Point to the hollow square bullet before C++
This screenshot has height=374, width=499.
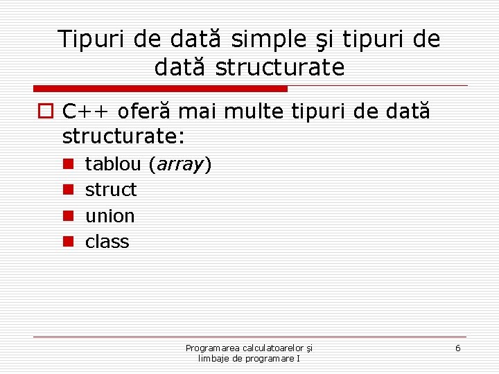tap(44, 111)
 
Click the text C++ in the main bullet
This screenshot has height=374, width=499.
tap(87, 111)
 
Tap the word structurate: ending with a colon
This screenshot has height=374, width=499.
tap(123, 136)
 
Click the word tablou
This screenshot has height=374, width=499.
tap(113, 164)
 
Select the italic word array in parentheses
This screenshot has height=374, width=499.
tap(179, 165)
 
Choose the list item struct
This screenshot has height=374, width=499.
tap(111, 190)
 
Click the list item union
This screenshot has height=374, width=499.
tap(110, 215)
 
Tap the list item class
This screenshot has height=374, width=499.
tap(107, 241)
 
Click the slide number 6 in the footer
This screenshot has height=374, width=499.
tap(457, 348)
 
